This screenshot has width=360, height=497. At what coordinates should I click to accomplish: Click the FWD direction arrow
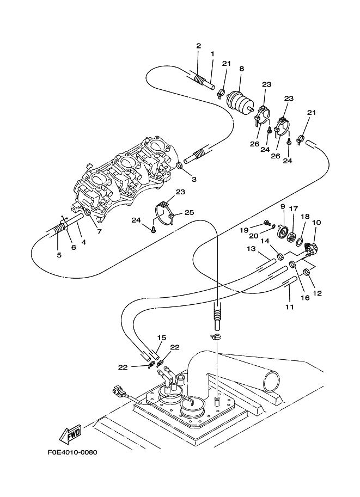[70, 433]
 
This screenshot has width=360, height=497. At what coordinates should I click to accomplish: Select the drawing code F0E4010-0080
[72, 452]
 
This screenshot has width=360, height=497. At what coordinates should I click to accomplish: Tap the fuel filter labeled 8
[240, 100]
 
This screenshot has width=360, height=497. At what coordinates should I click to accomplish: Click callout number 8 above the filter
[242, 69]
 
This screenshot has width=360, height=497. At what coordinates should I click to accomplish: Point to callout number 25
[190, 212]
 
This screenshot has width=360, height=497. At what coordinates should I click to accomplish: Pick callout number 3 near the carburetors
[194, 180]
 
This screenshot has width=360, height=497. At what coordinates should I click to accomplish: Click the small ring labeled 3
[180, 165]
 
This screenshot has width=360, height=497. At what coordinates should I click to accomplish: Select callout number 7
[99, 232]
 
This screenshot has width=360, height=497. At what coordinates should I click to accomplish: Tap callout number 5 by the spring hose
[59, 255]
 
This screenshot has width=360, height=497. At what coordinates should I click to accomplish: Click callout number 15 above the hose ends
[162, 338]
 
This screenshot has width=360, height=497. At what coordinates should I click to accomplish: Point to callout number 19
[243, 230]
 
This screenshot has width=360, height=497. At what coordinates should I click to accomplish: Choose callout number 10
[316, 223]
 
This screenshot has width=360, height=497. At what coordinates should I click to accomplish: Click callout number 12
[317, 293]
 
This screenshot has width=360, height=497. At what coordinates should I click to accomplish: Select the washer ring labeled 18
[300, 243]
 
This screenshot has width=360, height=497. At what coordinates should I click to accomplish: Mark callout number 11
[290, 307]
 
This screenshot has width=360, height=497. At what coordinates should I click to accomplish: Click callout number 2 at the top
[199, 46]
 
